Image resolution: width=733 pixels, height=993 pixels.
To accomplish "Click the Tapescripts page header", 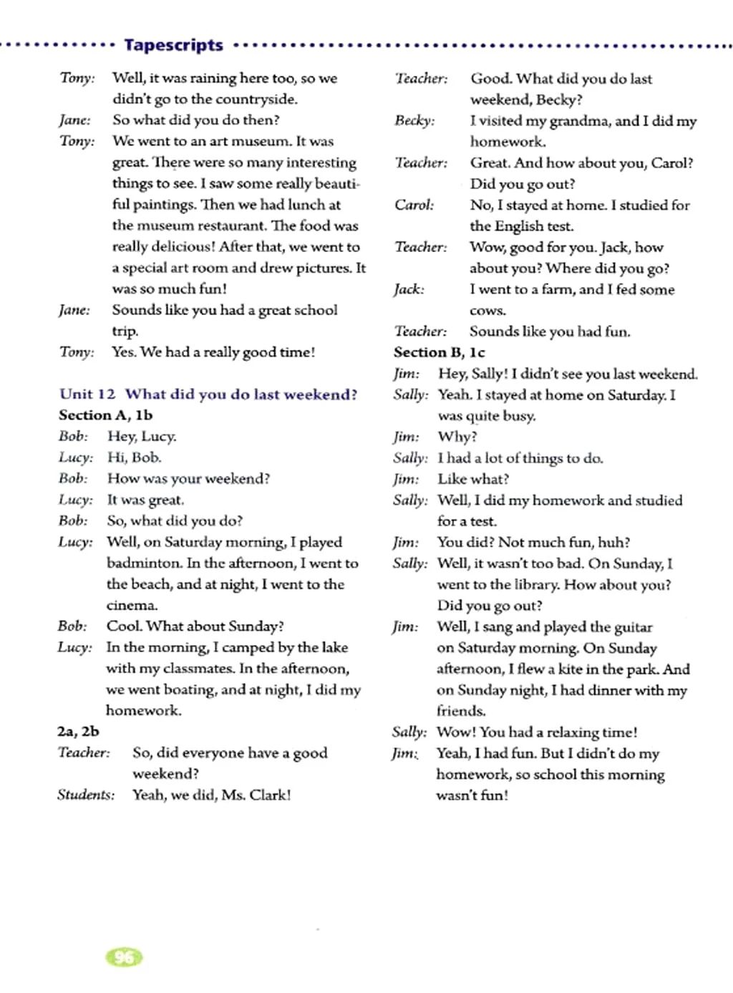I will [173, 45].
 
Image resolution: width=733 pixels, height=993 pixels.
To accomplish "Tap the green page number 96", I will [124, 957].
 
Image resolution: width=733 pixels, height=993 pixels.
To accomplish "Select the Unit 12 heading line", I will [208, 394].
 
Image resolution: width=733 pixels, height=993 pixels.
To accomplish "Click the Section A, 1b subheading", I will [105, 415].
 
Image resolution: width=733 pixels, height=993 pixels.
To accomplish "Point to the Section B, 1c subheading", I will [439, 352].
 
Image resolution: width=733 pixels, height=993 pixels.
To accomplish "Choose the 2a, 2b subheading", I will [78, 731].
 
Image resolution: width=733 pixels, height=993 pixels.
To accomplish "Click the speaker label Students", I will [85, 795].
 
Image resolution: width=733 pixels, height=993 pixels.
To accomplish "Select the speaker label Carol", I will [414, 205].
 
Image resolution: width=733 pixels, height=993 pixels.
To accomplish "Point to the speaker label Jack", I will [408, 289].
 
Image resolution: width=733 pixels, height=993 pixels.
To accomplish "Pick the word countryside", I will [256, 99].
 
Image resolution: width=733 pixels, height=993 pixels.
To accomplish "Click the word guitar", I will [633, 627].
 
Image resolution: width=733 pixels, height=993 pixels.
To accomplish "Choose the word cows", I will [487, 311].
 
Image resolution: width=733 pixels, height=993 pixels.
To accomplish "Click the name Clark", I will [269, 795].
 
